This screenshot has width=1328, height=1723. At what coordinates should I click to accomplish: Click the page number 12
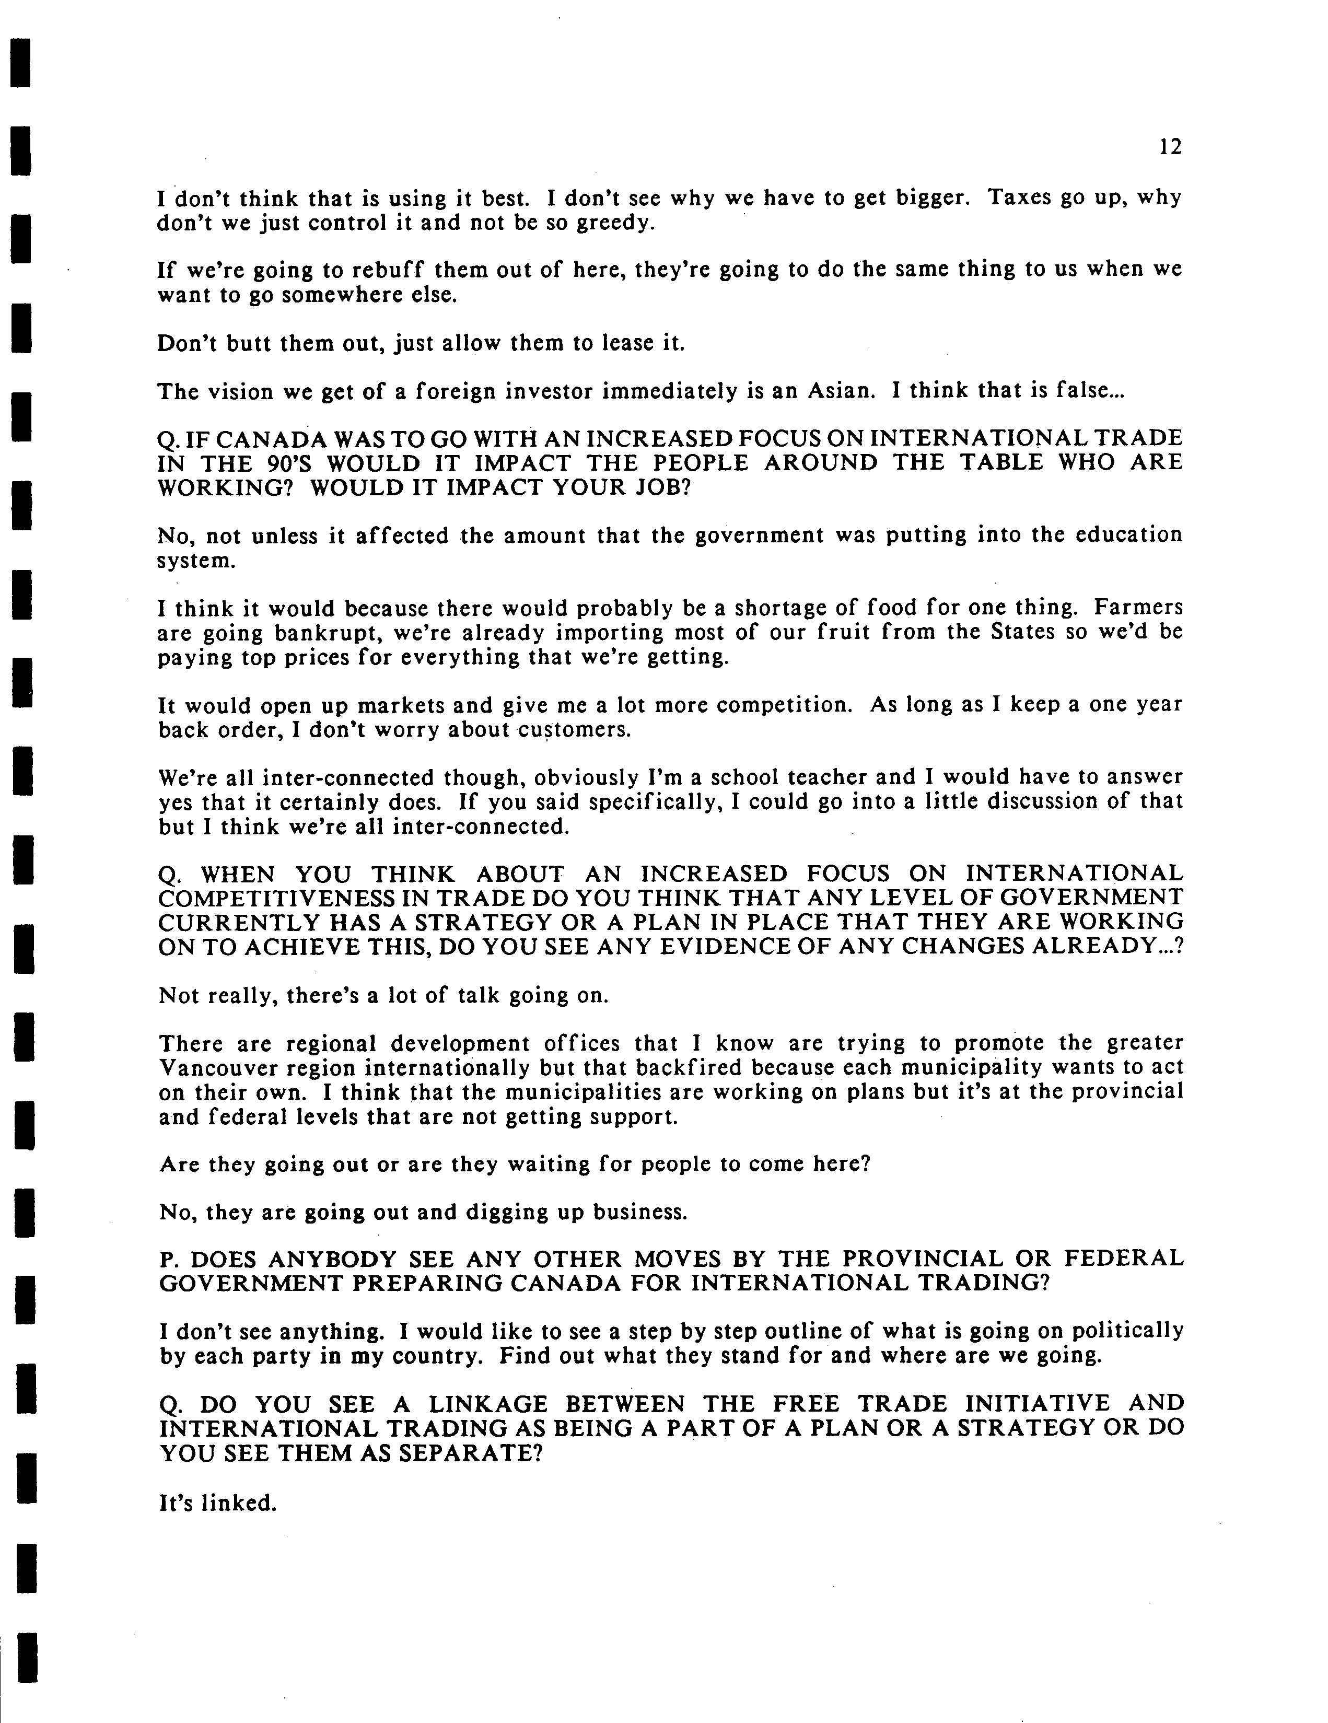coord(1171,147)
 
